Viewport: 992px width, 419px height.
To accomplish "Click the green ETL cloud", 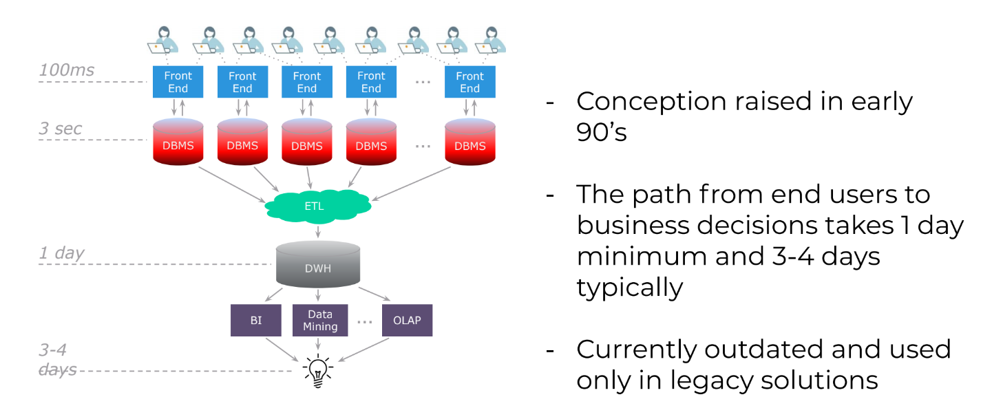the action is click(317, 206).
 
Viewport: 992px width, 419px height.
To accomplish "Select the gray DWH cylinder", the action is click(317, 264).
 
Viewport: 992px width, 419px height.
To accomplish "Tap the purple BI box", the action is click(256, 320).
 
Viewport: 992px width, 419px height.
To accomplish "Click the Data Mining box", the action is click(319, 320).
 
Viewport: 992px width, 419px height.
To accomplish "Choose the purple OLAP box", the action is click(407, 320).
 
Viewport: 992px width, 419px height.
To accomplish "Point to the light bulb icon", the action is click(317, 372).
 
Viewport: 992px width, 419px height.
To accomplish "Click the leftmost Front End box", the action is click(178, 82).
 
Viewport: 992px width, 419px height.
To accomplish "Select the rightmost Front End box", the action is click(470, 82).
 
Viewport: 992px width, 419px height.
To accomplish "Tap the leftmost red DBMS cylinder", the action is click(178, 142).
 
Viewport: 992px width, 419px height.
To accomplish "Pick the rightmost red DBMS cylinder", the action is click(470, 142).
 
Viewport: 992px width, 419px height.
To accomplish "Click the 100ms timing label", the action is click(66, 70).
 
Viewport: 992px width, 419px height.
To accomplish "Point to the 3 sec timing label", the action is click(60, 128).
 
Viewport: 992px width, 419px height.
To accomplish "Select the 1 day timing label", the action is click(61, 253).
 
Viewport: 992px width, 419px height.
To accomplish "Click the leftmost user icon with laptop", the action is click(163, 40).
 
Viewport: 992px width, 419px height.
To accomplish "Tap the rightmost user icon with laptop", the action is click(490, 40).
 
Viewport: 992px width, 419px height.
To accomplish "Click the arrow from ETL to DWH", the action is click(317, 231).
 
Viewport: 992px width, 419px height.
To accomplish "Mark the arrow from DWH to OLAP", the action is click(374, 294).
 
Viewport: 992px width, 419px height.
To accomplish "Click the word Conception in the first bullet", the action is click(651, 103).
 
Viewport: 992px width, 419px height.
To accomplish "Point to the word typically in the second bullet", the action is click(630, 288).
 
